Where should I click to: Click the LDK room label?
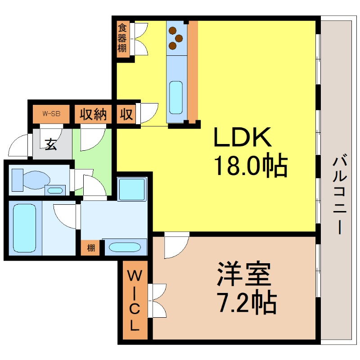pos(242,138)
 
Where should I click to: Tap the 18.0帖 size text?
pos(250,166)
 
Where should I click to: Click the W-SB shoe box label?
pos(51,114)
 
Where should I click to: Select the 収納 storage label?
pos(93,114)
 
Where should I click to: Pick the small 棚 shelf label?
pos(91,248)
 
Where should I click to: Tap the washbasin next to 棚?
pos(125,247)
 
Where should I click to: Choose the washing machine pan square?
pos(132,189)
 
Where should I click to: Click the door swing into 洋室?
pos(175,245)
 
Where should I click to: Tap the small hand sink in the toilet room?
pos(55,190)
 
